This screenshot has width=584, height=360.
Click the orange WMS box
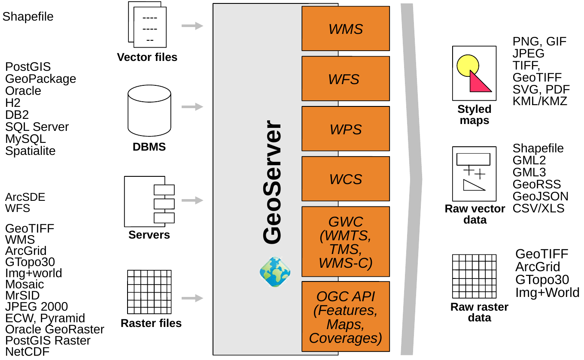pos(346,29)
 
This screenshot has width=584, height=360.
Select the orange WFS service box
pos(346,79)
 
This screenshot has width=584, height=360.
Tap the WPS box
pos(346,129)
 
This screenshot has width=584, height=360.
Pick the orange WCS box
pos(346,178)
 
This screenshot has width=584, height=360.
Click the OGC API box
pos(346,317)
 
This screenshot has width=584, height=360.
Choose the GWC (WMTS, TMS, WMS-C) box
pos(346,242)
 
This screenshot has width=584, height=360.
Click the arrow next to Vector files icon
pos(192,26)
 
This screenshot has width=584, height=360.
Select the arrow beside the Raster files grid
pos(192,298)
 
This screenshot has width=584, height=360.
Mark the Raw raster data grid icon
pos(474,276)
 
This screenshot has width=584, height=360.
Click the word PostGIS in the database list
pos(28,67)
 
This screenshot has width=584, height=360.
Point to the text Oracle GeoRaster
pos(55,330)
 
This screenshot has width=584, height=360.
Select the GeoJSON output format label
pos(540,197)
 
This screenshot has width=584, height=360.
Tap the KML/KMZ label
pos(540,101)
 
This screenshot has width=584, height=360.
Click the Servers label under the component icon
pos(149,235)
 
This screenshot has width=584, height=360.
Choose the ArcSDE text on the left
pos(25,197)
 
